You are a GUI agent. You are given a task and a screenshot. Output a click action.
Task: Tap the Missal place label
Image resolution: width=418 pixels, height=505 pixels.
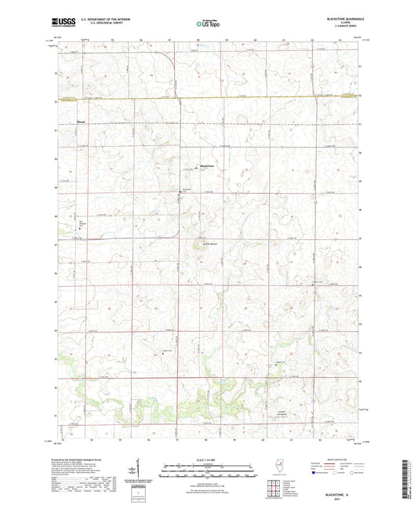point(82,122)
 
